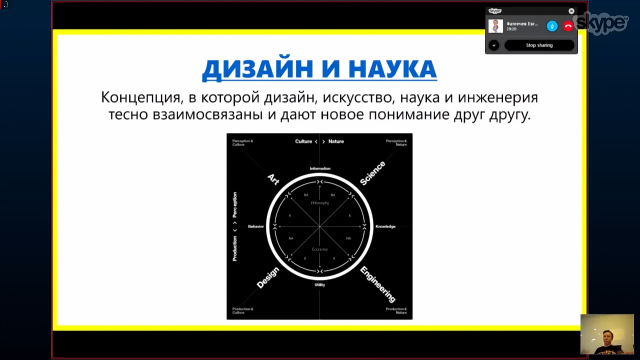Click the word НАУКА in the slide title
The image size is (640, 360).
click(392, 69)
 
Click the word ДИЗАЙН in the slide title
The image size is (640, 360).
click(258, 69)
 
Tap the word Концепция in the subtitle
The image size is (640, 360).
click(141, 97)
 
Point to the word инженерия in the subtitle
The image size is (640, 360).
click(498, 97)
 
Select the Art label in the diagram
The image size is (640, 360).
click(273, 179)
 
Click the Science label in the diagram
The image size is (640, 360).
click(372, 173)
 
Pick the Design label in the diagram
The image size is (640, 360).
click(268, 277)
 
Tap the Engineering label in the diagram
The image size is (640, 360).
click(378, 284)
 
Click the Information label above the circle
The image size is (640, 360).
click(320, 168)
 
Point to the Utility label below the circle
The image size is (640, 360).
click(320, 285)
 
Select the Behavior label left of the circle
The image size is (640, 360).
click(256, 226)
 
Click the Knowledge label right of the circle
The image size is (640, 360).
click(385, 226)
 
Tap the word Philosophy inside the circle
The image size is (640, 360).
click(320, 203)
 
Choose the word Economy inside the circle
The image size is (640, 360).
click(320, 249)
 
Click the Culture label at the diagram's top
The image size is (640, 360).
click(303, 141)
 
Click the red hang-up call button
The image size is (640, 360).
click(568, 26)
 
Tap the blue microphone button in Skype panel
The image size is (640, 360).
click(552, 26)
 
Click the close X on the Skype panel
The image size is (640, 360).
click(571, 11)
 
